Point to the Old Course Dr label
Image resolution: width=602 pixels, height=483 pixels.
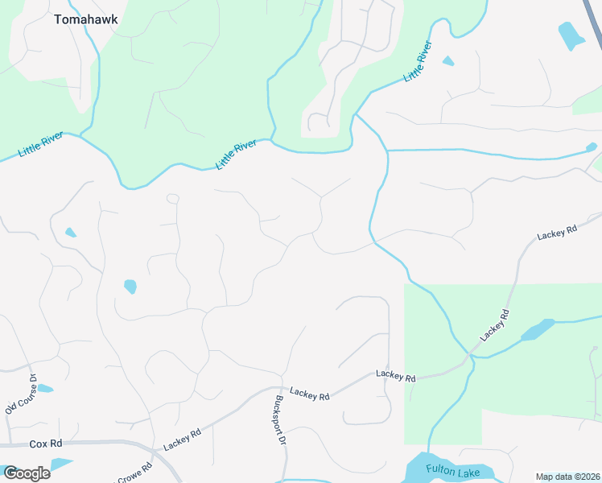click(21, 395)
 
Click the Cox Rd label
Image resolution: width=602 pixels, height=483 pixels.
click(45, 444)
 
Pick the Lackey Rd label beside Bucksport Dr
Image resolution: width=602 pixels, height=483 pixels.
click(310, 396)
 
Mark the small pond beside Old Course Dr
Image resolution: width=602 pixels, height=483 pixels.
click(45, 389)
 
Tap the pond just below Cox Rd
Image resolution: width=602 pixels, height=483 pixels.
click(60, 465)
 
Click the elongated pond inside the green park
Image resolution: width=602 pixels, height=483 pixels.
click(538, 330)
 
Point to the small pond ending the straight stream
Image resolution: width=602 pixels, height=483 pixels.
click(592, 147)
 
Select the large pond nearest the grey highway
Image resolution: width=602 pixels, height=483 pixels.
click(571, 35)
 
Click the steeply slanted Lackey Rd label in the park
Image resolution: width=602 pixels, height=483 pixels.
click(495, 324)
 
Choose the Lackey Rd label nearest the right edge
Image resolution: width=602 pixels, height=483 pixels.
click(558, 231)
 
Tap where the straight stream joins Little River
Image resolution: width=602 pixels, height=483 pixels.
click(387, 151)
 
